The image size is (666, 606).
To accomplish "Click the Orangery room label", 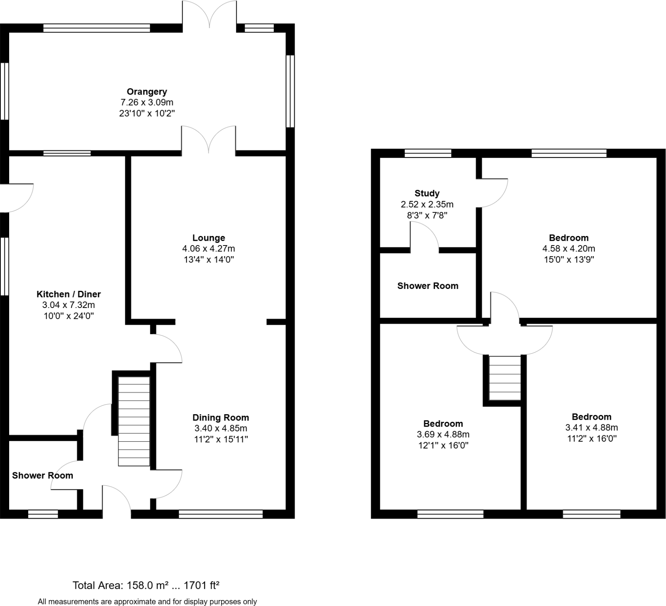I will coord(147,92).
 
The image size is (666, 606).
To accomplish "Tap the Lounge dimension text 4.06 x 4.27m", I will coord(208,249).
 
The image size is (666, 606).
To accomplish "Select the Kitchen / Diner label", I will coord(68,294).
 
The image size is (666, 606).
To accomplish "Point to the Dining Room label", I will coord(220,417).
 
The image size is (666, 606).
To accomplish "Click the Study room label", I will coord(427,193).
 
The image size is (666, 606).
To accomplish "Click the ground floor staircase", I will coord(134,421).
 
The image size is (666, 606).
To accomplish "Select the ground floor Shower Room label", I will coord(43,475).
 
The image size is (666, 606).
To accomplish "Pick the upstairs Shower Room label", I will coord(428,286).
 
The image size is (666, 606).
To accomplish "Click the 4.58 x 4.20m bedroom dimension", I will coord(569,249).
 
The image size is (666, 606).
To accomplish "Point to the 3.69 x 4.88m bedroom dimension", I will coord(443,435).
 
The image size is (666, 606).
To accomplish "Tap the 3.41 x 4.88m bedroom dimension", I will coord(591,428).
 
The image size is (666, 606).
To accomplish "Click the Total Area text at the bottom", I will coord(146,585).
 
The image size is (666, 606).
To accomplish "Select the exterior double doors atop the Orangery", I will coord(209,15).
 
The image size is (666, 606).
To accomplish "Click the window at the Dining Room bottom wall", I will coord(221,514).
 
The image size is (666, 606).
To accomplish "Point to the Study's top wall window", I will coord(428,153).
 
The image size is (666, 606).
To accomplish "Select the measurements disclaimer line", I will coord(147,602).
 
